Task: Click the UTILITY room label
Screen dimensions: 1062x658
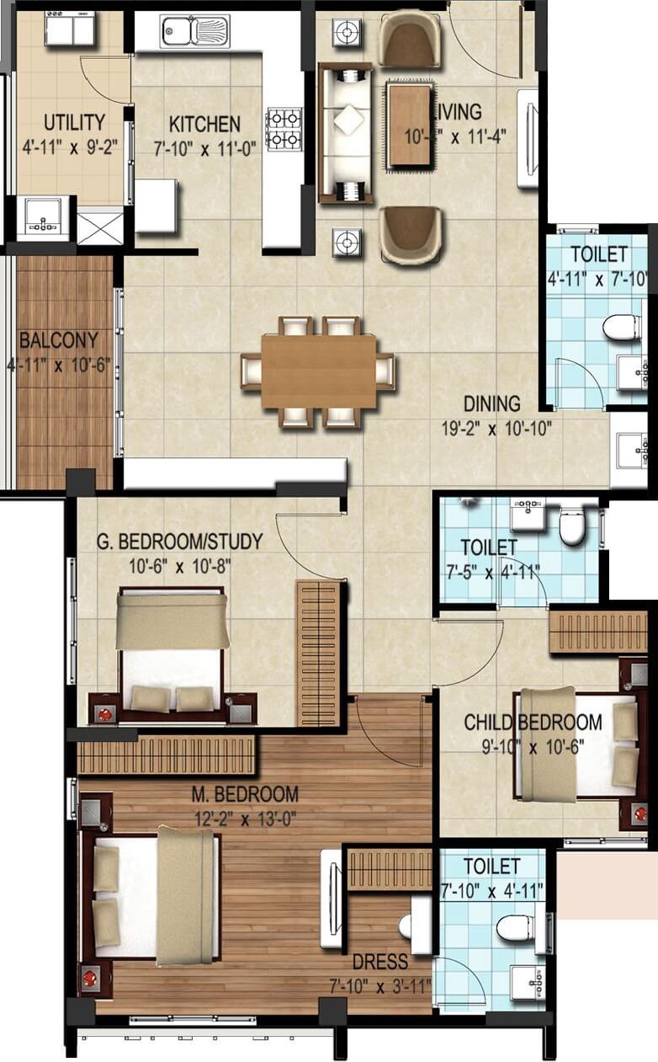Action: pyautogui.click(x=75, y=122)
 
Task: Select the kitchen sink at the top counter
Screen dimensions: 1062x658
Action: pyautogui.click(x=194, y=32)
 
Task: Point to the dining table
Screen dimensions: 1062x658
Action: pyautogui.click(x=318, y=371)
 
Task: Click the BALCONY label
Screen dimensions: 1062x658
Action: pyautogui.click(x=58, y=341)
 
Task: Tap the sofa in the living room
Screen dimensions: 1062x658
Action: pyautogui.click(x=345, y=133)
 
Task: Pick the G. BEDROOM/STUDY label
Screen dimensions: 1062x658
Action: pyautogui.click(x=179, y=542)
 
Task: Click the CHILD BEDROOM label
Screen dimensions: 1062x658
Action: pyautogui.click(x=533, y=722)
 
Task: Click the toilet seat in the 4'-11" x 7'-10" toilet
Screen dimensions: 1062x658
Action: pyautogui.click(x=622, y=327)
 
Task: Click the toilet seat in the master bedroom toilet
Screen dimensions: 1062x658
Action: pyautogui.click(x=512, y=928)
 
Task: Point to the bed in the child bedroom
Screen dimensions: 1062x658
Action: pyautogui.click(x=573, y=744)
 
